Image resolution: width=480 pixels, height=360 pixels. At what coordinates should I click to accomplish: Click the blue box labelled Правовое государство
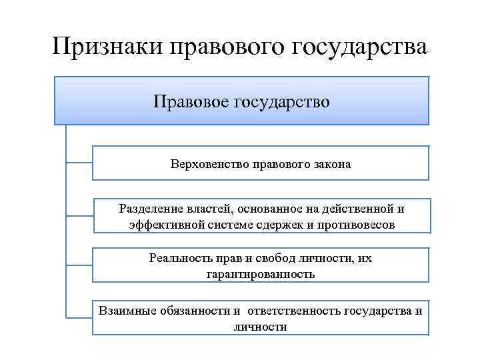pos(241,101)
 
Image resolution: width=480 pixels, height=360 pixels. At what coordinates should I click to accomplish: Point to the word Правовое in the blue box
pos(191,101)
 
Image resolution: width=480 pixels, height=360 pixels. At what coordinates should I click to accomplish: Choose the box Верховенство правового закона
pos(260,163)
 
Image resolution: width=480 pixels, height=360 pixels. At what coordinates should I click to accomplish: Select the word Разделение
pos(147,209)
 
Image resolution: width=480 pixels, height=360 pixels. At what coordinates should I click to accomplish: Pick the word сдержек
pos(282,225)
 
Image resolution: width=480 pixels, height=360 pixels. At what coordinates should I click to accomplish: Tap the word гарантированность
pos(261,274)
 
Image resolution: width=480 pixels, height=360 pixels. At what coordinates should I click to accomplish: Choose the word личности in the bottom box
pos(261,327)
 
